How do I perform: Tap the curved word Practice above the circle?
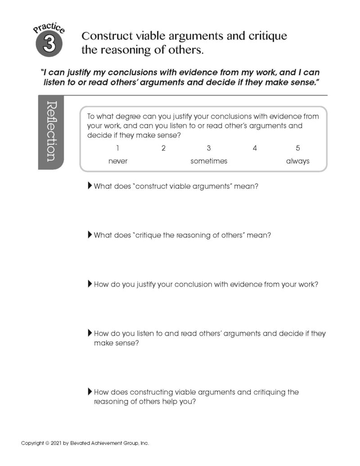(x=49, y=29)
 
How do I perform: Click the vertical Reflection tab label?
(x=51, y=131)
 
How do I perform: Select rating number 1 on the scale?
(x=117, y=148)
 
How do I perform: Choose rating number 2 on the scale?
(x=163, y=148)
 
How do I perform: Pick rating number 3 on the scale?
(x=209, y=148)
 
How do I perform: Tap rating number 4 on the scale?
(x=255, y=148)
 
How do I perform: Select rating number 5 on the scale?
(x=298, y=148)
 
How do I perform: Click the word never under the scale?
(x=118, y=161)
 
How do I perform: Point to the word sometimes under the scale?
(x=209, y=161)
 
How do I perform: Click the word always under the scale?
(x=298, y=161)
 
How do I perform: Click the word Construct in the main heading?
(x=105, y=36)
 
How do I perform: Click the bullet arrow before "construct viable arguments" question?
(x=90, y=185)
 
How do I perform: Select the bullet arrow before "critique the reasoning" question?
(x=90, y=235)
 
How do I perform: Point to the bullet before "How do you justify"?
(x=90, y=284)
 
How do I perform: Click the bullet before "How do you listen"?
(x=90, y=333)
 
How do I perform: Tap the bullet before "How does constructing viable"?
(x=90, y=392)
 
